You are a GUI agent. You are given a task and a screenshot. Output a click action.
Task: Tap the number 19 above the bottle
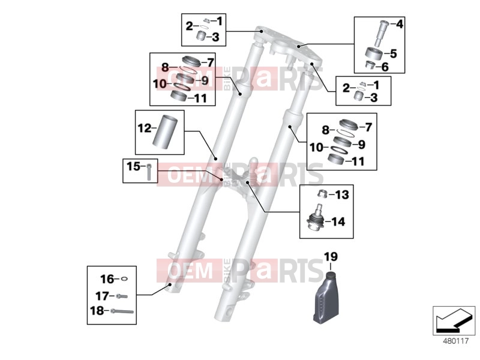click(x=331, y=257)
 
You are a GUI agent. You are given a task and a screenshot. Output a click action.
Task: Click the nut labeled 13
click(x=323, y=193)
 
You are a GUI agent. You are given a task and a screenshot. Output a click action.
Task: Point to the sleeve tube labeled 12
click(x=166, y=131)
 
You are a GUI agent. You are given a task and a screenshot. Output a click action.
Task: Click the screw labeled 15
click(x=149, y=172)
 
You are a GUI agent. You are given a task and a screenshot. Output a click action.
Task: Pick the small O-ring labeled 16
click(x=124, y=279)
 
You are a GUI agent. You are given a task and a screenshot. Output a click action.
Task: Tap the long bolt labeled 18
click(x=122, y=311)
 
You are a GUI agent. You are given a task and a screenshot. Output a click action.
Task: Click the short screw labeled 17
click(x=122, y=296)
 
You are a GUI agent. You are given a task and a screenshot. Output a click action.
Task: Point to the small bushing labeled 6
click(x=371, y=65)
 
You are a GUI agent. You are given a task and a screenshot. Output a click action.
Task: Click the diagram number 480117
click(x=456, y=341)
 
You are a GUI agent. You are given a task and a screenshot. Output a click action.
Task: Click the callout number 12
click(x=145, y=128)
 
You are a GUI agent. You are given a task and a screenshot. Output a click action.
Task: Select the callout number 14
click(x=338, y=221)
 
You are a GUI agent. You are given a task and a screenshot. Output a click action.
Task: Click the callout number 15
click(x=133, y=167)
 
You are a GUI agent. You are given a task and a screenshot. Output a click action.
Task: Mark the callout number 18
click(x=97, y=311)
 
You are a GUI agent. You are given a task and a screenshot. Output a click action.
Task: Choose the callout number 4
click(x=400, y=24)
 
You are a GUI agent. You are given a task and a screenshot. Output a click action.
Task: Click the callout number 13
click(x=342, y=194)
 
